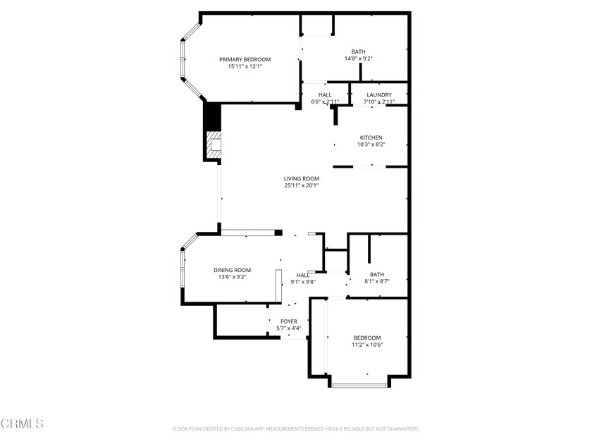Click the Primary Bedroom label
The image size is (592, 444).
pyautogui.click(x=245, y=59)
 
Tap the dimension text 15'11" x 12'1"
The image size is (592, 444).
pyautogui.click(x=245, y=67)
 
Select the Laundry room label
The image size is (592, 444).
pyautogui.click(x=379, y=95)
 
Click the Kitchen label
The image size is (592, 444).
pyautogui.click(x=371, y=137)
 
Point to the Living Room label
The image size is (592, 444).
pyautogui.click(x=302, y=178)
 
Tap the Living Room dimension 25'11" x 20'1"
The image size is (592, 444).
pyautogui.click(x=302, y=186)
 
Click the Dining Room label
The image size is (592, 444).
pyautogui.click(x=233, y=270)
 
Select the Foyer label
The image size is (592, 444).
pyautogui.click(x=289, y=321)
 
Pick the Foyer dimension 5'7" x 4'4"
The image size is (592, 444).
pyautogui.click(x=289, y=328)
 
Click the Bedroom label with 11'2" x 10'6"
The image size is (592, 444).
pyautogui.click(x=367, y=338)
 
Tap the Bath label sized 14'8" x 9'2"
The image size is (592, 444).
pyautogui.click(x=359, y=51)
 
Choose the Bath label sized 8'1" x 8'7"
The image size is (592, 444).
pyautogui.click(x=377, y=274)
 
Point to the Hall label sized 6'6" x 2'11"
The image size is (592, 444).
pyautogui.click(x=325, y=95)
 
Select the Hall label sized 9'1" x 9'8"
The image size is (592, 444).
pyautogui.click(x=303, y=275)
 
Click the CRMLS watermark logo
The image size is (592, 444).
pyautogui.click(x=23, y=423)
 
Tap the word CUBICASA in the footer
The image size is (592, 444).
pyautogui.click(x=263, y=428)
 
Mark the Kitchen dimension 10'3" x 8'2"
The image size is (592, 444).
pyautogui.click(x=371, y=144)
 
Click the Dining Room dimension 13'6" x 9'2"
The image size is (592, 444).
pyautogui.click(x=233, y=277)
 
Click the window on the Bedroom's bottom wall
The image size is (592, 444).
pyautogui.click(x=359, y=385)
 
